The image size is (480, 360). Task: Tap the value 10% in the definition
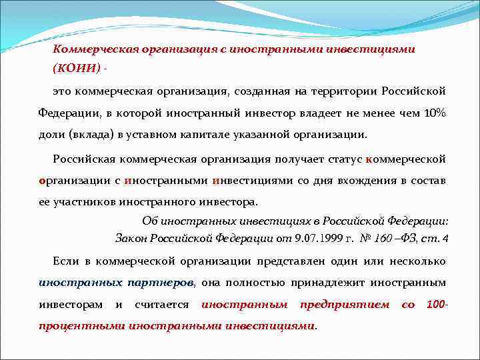click(435, 113)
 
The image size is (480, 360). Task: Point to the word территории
click(349, 91)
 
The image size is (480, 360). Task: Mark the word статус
click(341, 159)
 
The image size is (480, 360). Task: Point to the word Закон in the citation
click(131, 238)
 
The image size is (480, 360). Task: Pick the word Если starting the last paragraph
click(65, 261)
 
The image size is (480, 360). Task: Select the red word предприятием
click(345, 305)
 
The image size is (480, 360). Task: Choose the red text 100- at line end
click(436, 305)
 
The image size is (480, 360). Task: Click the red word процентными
click(81, 326)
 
